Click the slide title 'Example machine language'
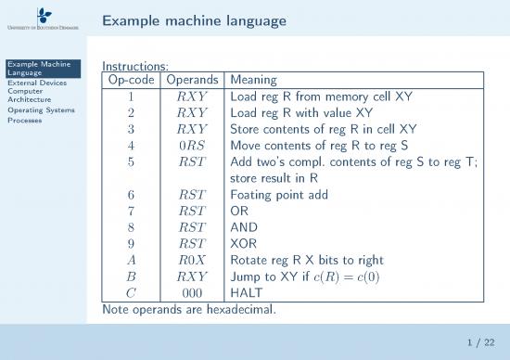coord(194,19)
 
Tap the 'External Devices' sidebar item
coord(32,83)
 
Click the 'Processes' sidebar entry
coord(22,120)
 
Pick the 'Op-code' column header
coord(131,80)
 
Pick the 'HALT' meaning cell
coord(246,292)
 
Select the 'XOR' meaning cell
coord(243,243)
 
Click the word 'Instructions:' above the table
coord(134,67)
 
